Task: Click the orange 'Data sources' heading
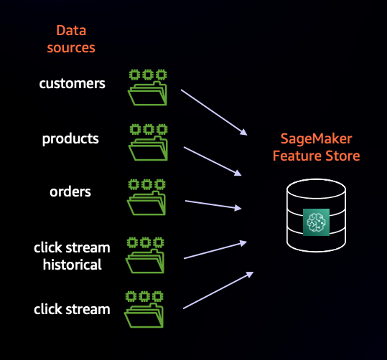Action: (71, 39)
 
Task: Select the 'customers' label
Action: (72, 84)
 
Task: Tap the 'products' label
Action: (70, 139)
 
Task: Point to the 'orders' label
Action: (70, 192)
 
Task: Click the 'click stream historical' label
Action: (72, 256)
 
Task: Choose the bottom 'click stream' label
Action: (72, 309)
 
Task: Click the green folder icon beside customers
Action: (148, 87)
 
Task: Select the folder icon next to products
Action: (149, 143)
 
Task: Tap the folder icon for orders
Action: (146, 197)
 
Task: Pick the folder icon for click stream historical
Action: (145, 255)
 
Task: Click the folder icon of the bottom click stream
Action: (144, 310)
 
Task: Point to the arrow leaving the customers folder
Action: (214, 113)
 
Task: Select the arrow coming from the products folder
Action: (213, 161)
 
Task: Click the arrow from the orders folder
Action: (213, 204)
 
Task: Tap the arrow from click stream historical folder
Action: (215, 250)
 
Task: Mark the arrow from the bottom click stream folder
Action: (218, 290)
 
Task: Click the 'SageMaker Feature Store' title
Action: (316, 147)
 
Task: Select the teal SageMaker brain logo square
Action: (316, 222)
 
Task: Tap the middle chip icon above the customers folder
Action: (148, 75)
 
